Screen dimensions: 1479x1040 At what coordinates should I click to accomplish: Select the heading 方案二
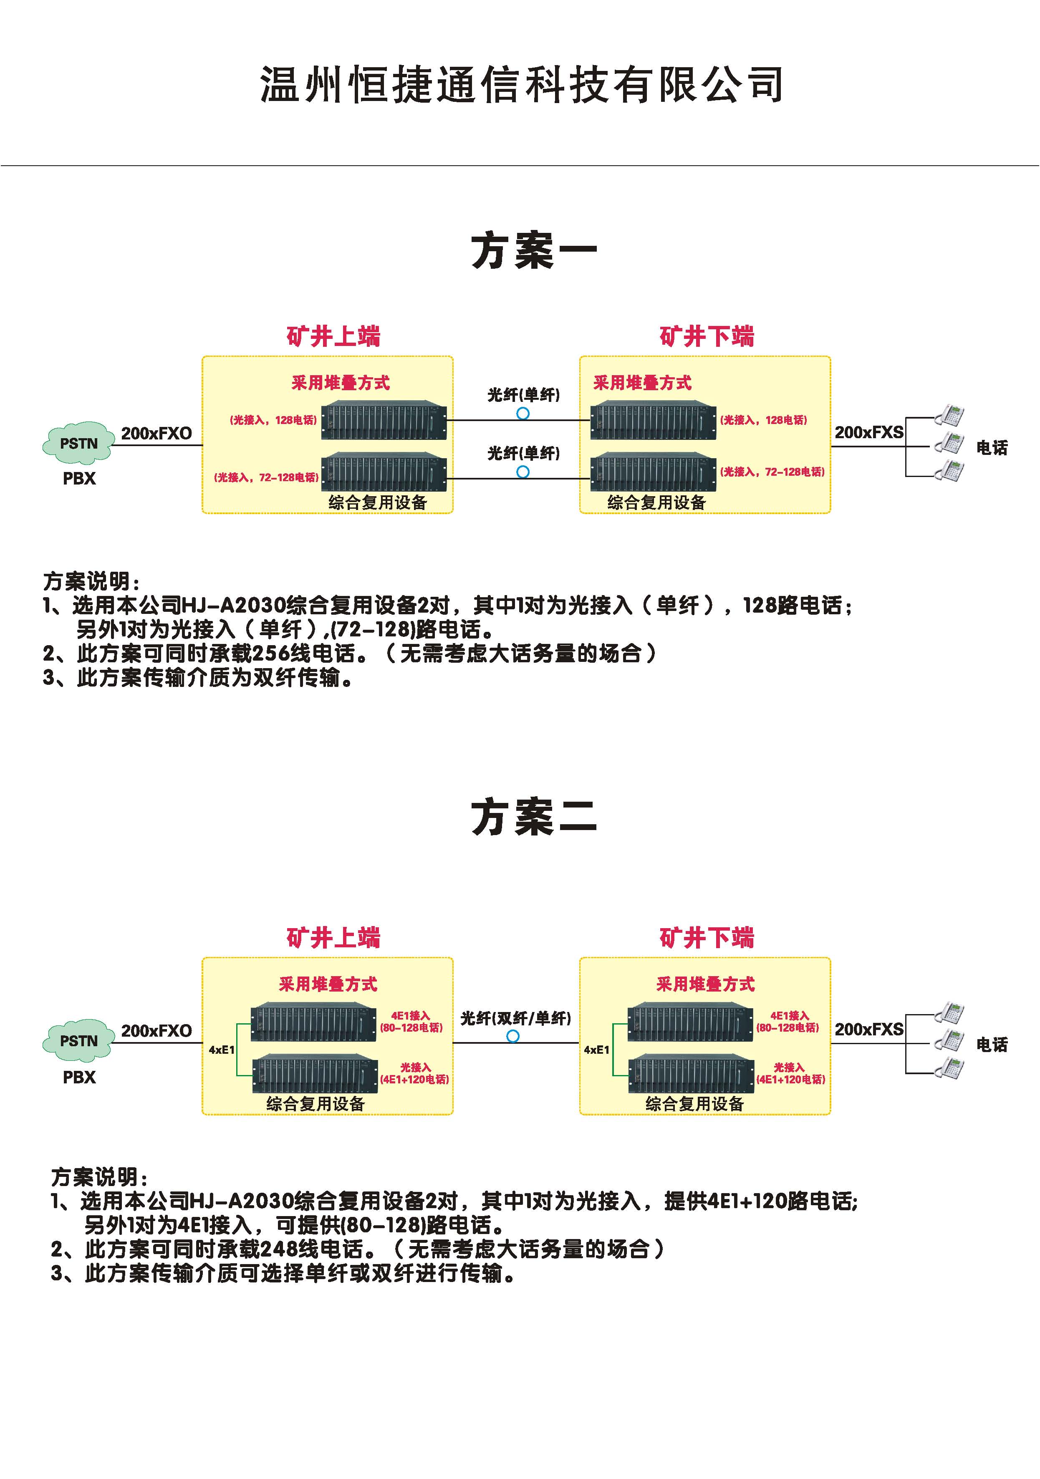tap(533, 818)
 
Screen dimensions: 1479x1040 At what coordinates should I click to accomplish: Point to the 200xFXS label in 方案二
tap(869, 1030)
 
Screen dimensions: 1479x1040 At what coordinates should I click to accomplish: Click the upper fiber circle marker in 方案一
tap(523, 414)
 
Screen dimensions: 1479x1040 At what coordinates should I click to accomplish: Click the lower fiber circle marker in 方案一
tap(523, 472)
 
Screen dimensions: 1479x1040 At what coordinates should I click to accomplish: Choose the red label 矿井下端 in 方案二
tap(706, 938)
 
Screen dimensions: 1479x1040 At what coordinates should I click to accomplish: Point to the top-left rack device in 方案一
tap(384, 420)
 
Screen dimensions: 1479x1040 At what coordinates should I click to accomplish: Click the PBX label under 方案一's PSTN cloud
tap(79, 479)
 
